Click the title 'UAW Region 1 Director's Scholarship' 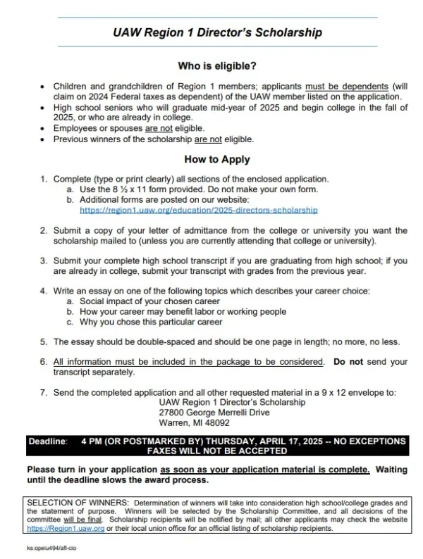tap(216, 32)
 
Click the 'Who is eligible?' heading tap(216, 67)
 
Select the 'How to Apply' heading tap(216, 160)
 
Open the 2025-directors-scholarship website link tap(199, 210)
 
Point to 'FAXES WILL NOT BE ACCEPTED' tap(216, 451)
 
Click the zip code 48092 tap(215, 423)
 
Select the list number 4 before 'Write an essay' tap(44, 290)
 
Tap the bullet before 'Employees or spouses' tap(44, 128)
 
